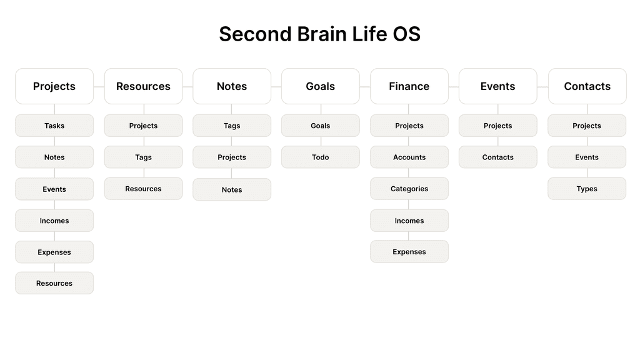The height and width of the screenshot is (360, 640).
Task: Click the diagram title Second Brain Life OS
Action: (x=319, y=34)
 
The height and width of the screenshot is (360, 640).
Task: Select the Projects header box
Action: (x=54, y=86)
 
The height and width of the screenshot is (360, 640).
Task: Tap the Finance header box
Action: (x=409, y=86)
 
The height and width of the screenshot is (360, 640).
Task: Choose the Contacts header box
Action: (x=587, y=86)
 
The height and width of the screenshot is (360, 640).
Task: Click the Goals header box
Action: (x=321, y=86)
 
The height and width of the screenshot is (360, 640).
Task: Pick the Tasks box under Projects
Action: (x=54, y=126)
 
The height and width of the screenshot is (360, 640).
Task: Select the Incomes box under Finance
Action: (x=409, y=221)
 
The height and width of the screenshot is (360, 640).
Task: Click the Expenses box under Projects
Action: (x=54, y=252)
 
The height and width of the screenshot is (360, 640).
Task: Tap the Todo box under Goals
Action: (x=321, y=157)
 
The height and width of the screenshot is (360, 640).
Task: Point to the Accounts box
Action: (x=409, y=157)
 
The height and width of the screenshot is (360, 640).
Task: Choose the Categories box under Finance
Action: (x=409, y=189)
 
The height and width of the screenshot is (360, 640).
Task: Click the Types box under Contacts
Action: (x=587, y=189)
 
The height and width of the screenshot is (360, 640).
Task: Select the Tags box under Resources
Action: (x=143, y=157)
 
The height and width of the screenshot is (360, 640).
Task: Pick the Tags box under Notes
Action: (x=232, y=126)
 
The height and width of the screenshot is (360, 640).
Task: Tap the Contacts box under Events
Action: (x=498, y=157)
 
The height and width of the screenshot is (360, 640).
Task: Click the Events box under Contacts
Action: (x=587, y=157)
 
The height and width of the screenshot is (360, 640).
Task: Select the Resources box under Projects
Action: (x=54, y=283)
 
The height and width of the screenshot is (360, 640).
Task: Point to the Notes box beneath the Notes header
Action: (x=232, y=190)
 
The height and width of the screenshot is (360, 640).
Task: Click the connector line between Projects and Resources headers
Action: (x=99, y=86)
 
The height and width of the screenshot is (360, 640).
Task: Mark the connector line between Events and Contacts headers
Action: (x=542, y=86)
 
